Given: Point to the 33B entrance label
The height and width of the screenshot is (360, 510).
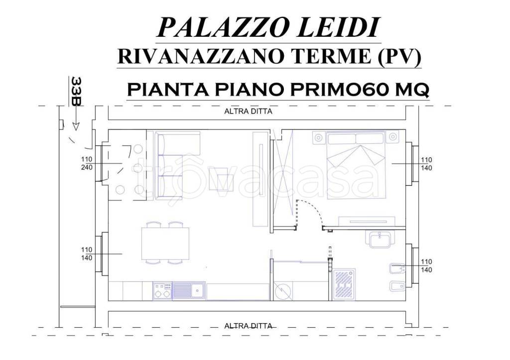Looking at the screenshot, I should click(76, 91).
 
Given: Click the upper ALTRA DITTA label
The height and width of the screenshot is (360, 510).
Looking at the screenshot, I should click(248, 112).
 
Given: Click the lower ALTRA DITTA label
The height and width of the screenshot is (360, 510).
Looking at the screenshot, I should click(248, 326).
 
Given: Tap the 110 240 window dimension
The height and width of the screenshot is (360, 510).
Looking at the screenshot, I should click(87, 163).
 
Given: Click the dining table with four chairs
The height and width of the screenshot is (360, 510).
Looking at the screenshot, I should click(166, 242).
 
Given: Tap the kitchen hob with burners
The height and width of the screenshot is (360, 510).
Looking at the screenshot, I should click(162, 290).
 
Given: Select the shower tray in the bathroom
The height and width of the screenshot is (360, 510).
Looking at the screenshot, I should click(344, 284).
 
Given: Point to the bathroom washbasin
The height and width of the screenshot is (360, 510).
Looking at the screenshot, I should click(382, 240).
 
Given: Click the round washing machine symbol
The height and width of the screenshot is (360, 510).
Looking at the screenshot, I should click(283, 290).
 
